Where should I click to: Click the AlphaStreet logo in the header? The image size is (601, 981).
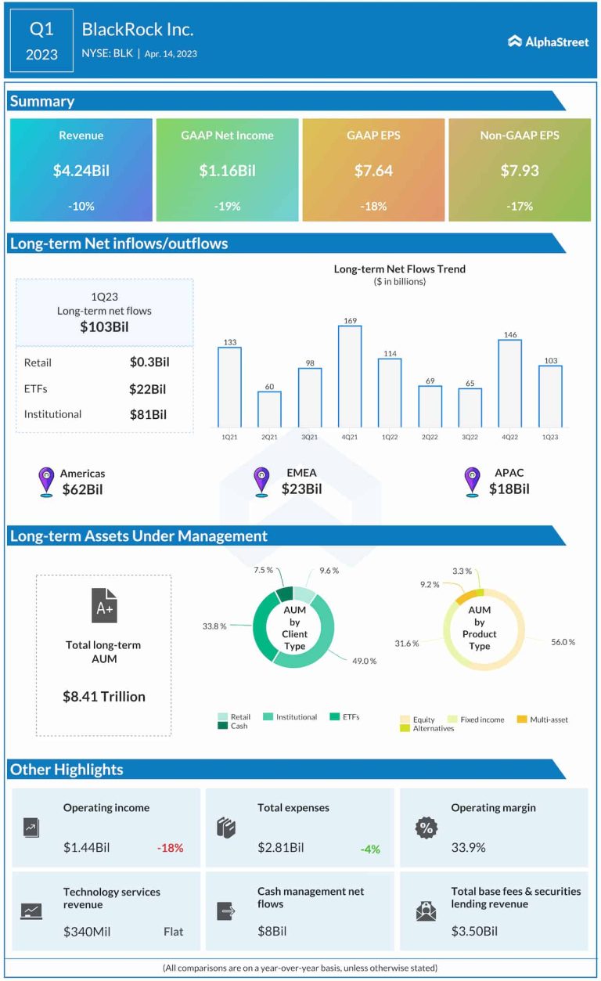coord(548,41)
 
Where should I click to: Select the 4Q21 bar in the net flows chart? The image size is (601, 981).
coord(350,376)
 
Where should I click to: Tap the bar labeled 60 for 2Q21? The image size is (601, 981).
coord(269,408)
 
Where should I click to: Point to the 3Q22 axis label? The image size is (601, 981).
coord(470,435)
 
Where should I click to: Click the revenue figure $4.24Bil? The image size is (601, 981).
coord(81,171)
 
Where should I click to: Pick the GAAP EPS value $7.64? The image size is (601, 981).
coord(373,171)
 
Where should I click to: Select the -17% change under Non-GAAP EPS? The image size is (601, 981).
coord(519,207)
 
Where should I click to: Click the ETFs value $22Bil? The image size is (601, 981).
coord(149,389)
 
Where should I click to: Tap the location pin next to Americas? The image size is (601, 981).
coord(46,481)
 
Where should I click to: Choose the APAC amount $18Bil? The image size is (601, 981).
coord(509,489)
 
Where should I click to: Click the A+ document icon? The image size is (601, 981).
coord(104,606)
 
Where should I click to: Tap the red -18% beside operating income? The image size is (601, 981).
coord(170,847)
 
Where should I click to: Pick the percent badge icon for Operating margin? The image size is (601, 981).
coord(425,828)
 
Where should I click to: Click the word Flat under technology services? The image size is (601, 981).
coord(174,932)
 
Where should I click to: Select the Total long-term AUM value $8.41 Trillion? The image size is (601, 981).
coord(104,696)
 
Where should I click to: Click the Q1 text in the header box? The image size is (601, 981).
coord(42,29)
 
